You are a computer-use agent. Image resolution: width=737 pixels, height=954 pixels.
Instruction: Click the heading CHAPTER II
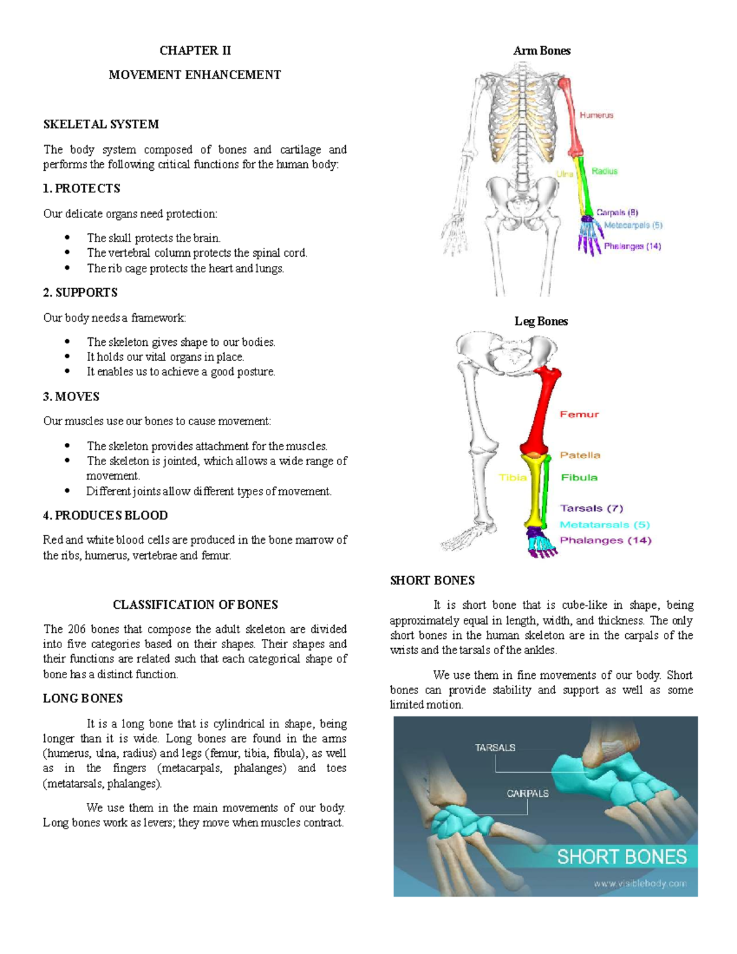[x=195, y=50]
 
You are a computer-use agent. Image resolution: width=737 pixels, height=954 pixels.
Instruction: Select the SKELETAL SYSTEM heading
[x=101, y=124]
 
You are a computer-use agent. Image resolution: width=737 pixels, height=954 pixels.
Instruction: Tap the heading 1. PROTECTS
[x=82, y=189]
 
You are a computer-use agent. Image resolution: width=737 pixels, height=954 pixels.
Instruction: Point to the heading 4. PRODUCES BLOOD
[x=105, y=515]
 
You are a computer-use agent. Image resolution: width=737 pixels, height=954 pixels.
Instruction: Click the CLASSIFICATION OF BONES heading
[x=195, y=604]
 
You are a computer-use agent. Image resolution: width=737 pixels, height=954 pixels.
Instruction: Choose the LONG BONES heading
[x=83, y=698]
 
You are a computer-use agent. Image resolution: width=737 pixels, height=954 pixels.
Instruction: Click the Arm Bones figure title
[x=542, y=51]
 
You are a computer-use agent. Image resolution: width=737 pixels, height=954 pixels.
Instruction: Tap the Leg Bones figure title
[x=541, y=321]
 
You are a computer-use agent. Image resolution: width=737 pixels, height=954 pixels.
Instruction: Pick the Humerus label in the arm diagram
[x=596, y=115]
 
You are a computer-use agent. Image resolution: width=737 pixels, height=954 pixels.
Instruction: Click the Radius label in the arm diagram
[x=604, y=171]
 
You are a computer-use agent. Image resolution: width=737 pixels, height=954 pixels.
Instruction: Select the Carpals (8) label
[x=617, y=213]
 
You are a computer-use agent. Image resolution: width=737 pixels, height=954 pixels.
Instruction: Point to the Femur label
[x=579, y=415]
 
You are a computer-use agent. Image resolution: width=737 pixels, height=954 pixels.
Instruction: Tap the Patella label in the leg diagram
[x=580, y=455]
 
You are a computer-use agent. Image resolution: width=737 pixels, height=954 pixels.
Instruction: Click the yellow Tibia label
[x=512, y=477]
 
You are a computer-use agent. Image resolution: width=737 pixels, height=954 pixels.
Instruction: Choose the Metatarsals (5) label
[x=604, y=525]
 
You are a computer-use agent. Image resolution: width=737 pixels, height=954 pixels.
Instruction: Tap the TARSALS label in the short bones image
[x=495, y=748]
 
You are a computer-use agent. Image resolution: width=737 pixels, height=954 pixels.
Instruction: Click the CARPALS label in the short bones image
[x=528, y=794]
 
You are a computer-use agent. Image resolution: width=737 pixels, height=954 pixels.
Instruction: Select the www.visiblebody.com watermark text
[x=639, y=884]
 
